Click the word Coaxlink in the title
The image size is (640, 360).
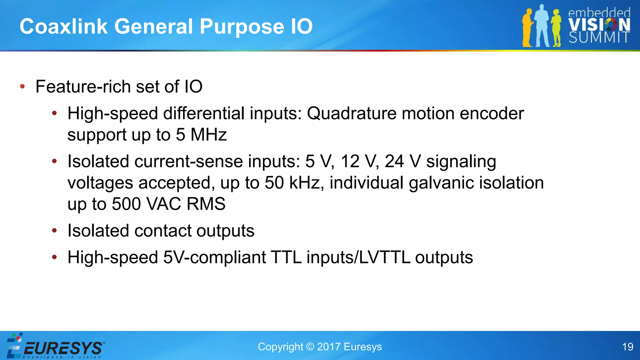coord(63,26)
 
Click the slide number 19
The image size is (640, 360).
coord(627,347)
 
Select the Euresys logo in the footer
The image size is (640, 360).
coord(56,347)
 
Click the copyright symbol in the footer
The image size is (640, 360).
coord(310,347)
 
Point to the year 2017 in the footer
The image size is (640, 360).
coord(329,347)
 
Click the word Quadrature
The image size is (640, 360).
coord(352,113)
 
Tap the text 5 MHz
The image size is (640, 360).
coord(201,135)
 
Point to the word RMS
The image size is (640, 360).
coord(206,204)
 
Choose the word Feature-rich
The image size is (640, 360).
coord(83,87)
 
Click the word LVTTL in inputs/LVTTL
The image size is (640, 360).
coord(384,257)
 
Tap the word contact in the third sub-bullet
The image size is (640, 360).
coord(162,231)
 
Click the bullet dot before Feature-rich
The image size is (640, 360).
coord(22,87)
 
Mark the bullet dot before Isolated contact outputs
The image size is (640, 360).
coord(54,231)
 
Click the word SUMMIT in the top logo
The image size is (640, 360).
coord(598,37)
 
